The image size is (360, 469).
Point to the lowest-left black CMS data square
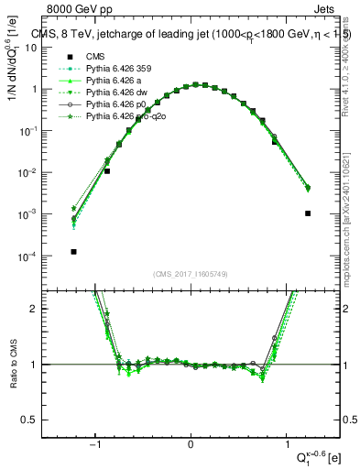click(x=73, y=252)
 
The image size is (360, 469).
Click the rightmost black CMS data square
click(x=308, y=213)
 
